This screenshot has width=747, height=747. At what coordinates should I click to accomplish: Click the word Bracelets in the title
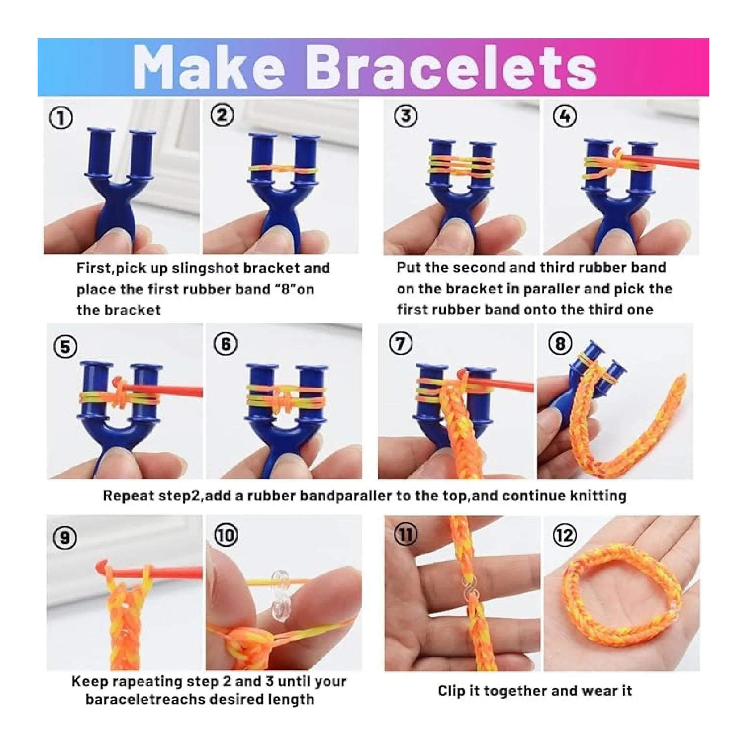(453, 67)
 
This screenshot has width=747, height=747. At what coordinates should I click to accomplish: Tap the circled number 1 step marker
(62, 118)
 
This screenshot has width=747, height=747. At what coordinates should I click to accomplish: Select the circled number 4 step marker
(565, 116)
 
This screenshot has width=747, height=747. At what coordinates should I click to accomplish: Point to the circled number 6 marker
(225, 343)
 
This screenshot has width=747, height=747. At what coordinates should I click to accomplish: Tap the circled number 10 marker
(226, 535)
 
